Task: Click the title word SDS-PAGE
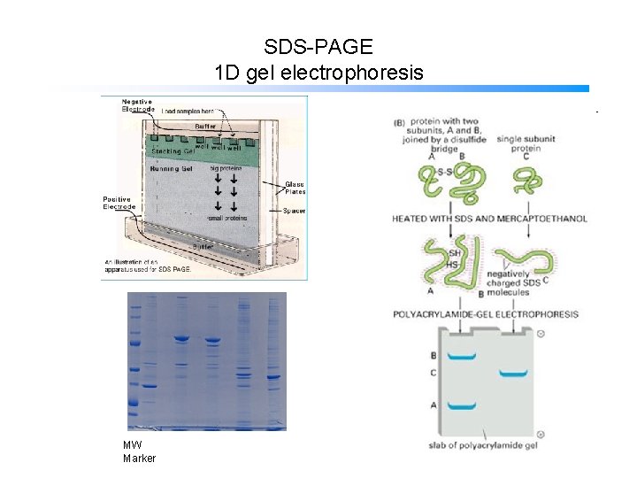tap(318, 46)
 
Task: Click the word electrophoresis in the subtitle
tap(352, 72)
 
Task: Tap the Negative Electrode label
tap(137, 104)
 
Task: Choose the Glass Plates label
tap(295, 188)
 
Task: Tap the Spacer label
tap(295, 211)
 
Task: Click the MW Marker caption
tap(139, 451)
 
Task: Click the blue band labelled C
tap(513, 374)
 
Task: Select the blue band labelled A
tap(461, 406)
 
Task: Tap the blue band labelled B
tap(461, 356)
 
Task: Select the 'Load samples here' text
tap(192, 110)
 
